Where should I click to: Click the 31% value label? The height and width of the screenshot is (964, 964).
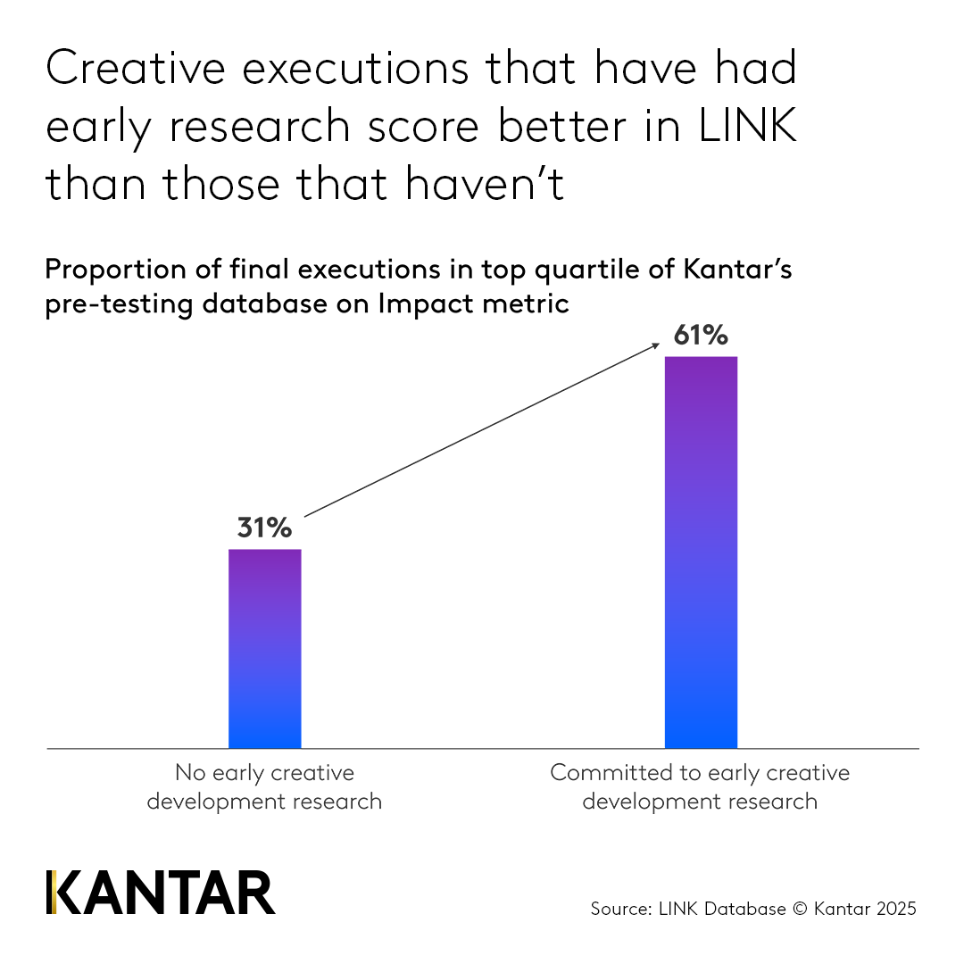click(264, 528)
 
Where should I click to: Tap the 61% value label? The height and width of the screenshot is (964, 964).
click(701, 337)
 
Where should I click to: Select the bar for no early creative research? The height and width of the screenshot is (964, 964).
click(265, 649)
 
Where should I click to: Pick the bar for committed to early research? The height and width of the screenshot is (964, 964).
click(701, 553)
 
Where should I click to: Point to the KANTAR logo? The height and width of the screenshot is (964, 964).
click(161, 892)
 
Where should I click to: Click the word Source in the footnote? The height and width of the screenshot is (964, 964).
click(618, 910)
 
